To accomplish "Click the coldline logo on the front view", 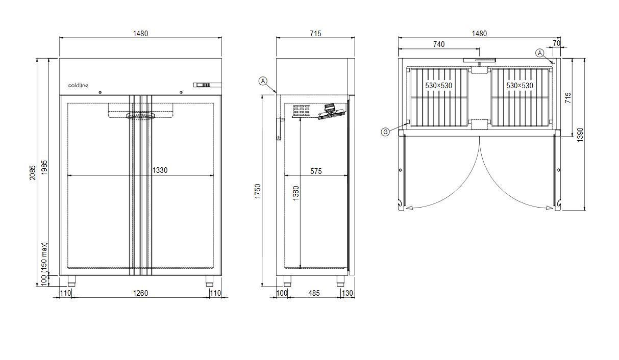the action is coord(78,85).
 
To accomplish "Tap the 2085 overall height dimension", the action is coord(33,173).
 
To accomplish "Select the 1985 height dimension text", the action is coord(44,167).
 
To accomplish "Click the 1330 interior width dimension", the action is coord(160,170).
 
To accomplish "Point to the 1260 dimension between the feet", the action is coord(140,293).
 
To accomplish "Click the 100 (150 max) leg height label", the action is coord(44,264).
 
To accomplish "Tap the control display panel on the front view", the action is coord(207,85).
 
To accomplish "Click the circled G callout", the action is coord(385,132).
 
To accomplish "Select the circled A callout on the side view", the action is coord(263,81).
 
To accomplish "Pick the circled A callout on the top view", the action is coord(540,53).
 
